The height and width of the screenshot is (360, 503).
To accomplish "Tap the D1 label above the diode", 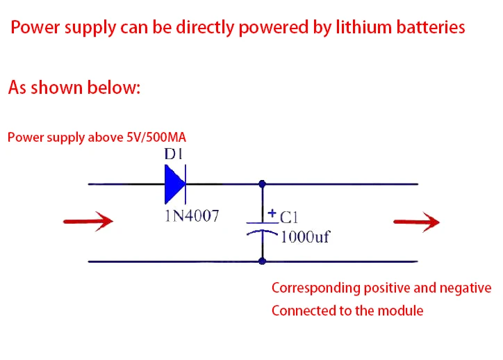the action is tap(174, 154).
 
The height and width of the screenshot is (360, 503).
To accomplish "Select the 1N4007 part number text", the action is tap(192, 215).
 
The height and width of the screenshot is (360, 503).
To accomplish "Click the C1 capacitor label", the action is tap(289, 218).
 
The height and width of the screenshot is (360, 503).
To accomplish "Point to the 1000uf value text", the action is tap(305, 237).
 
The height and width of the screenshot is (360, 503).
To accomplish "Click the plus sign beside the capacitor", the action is tap(272, 213).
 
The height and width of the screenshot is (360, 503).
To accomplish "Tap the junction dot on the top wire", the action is tap(263, 184).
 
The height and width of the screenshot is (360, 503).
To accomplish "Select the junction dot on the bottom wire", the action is tap(263, 261).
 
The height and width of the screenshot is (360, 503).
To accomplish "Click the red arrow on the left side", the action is tap(88, 222).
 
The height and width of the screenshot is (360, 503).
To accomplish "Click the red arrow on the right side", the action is tap(416, 222).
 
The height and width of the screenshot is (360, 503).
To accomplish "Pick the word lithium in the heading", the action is tap(364, 27).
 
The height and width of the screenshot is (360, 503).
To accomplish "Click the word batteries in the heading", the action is tap(431, 27).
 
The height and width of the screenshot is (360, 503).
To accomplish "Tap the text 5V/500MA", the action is tap(156, 138).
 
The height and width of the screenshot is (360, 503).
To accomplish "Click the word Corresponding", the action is tap(316, 288).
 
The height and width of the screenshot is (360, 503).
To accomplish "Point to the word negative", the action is tap(465, 288).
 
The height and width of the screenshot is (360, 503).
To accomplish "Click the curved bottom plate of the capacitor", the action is tap(262, 232).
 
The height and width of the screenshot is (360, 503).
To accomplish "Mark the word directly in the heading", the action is tap(205, 27).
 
